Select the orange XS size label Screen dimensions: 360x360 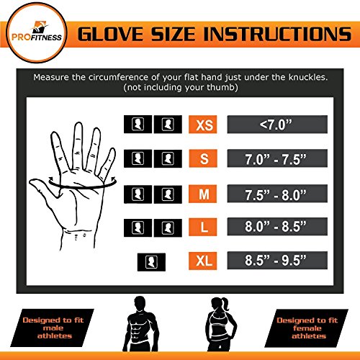[202, 125]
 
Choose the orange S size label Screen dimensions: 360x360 [202, 159]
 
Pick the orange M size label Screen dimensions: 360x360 [202, 194]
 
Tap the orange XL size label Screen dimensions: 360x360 [202, 260]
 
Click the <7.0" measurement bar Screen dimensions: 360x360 [283, 125]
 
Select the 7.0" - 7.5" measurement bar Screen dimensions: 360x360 [283, 159]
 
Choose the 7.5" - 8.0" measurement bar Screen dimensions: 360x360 [283, 194]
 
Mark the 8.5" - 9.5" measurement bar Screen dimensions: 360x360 [283, 260]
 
